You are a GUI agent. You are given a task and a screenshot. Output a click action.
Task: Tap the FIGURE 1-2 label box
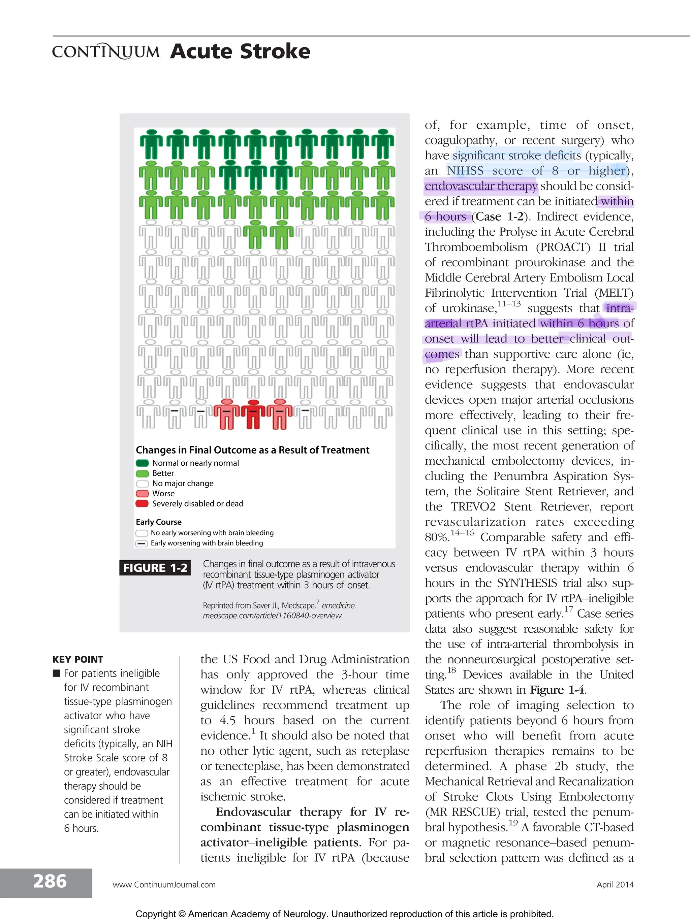coord(155,568)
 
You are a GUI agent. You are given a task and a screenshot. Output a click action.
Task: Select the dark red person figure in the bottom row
coord(253,414)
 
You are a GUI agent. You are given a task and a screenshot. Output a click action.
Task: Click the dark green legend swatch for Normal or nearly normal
coord(142,463)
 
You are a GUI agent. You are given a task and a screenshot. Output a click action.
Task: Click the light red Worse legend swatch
coord(142,493)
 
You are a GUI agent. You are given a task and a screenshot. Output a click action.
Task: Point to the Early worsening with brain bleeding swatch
coord(142,543)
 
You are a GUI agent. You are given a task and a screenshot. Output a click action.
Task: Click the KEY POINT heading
coord(77,659)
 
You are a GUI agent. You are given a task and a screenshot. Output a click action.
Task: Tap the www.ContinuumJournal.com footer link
coord(164,884)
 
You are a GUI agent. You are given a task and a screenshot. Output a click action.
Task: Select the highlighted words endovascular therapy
coord(481,186)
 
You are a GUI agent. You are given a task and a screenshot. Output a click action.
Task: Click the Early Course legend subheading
coord(159,522)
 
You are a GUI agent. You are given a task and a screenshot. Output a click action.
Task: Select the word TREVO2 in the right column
coord(473,506)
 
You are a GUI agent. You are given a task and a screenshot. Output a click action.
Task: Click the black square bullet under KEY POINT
coord(57,673)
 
